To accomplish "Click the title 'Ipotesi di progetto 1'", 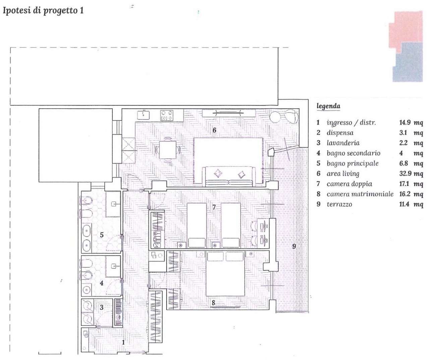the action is [43, 11].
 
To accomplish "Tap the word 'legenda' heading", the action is [328, 106].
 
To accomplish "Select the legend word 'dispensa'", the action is [340, 133].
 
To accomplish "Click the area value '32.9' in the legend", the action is [405, 173].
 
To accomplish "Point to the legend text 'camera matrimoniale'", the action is [360, 194].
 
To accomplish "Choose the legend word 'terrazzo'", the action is [340, 204].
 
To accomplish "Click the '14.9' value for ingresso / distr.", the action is [405, 122].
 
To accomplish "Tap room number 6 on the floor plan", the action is [214, 130].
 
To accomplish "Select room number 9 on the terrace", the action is [294, 246].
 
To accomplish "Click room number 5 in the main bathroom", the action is [102, 235].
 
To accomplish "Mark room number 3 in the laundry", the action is [102, 307].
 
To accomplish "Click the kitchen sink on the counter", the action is [143, 115].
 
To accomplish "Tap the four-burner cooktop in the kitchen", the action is [167, 115].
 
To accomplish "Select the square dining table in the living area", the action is [168, 150].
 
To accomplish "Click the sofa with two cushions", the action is [229, 176].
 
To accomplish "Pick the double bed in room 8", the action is [225, 273].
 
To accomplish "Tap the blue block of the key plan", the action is [408, 62].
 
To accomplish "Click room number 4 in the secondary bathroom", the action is [102, 283].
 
